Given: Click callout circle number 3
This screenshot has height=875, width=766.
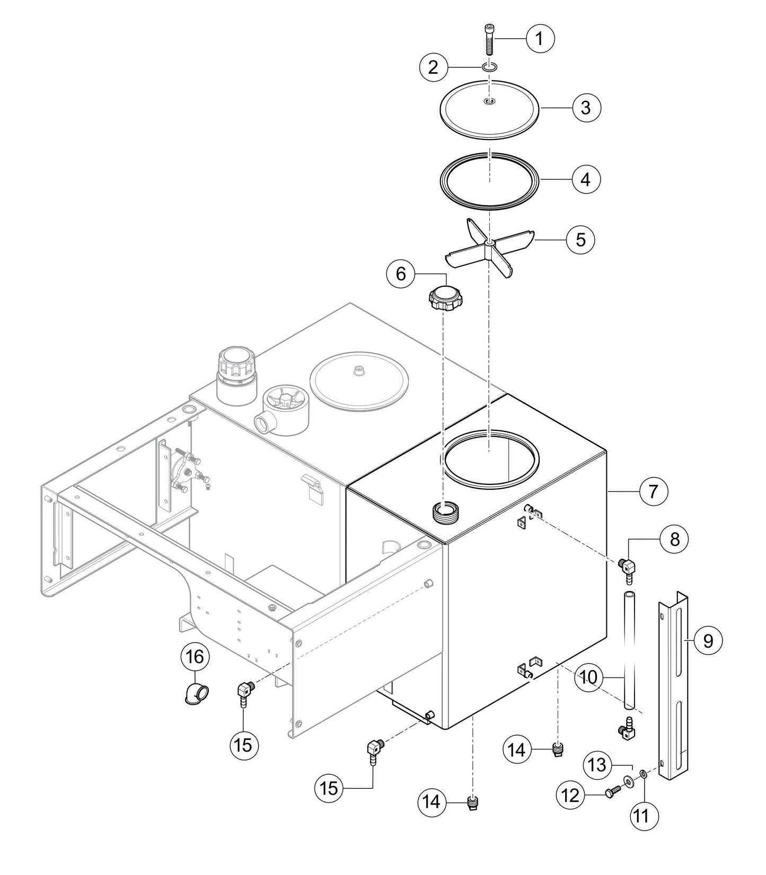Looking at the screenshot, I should (586, 108).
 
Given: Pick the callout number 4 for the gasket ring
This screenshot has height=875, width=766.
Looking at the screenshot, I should (586, 179).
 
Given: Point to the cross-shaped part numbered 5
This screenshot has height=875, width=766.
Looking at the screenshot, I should (488, 246).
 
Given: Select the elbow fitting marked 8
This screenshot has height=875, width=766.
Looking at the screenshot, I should (629, 568).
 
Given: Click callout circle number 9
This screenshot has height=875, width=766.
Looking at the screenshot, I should (708, 641).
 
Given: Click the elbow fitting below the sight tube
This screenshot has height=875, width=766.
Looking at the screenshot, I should (628, 729).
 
